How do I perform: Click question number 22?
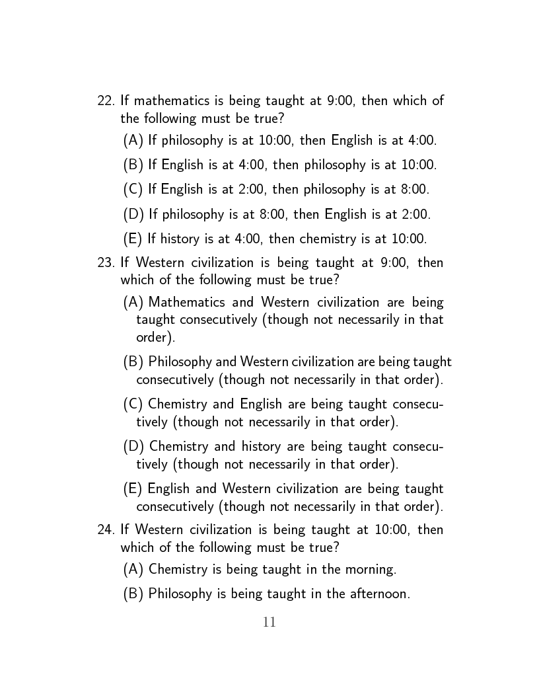tap(106, 101)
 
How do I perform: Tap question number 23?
tap(106, 262)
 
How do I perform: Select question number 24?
tap(106, 529)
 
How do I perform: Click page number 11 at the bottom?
tap(269, 622)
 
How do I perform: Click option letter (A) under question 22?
tap(133, 140)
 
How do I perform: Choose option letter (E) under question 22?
tap(133, 239)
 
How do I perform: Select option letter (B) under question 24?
tap(133, 594)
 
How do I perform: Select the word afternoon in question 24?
tap(377, 594)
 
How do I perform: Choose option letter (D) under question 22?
tap(133, 214)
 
